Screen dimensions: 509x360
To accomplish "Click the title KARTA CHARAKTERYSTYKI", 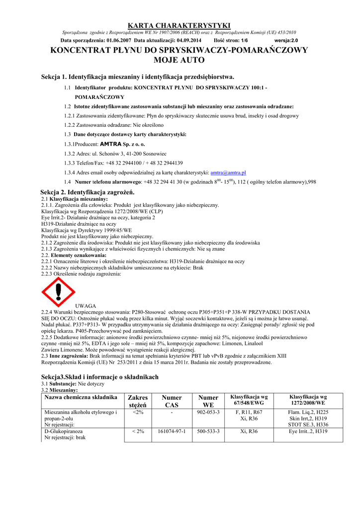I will [x=180, y=25].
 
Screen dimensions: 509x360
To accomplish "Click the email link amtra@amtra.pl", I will [x=228, y=172].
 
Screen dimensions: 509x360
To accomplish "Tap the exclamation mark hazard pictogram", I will [x=58, y=292].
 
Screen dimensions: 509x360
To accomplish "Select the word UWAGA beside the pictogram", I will [x=85, y=305].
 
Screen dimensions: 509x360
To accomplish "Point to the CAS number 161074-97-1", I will [x=171, y=431].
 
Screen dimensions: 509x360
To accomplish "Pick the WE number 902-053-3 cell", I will [x=208, y=412].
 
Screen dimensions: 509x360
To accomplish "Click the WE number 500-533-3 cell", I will [x=208, y=431].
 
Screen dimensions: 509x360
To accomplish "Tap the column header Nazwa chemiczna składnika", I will [x=81, y=398].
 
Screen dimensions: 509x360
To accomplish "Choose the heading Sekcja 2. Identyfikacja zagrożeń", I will [x=88, y=192].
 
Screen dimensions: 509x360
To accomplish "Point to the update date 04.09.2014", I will [x=189, y=40].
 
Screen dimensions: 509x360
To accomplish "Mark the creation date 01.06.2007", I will [x=119, y=40].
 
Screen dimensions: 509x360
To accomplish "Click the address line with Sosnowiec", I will [x=115, y=154].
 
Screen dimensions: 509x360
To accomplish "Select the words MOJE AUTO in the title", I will [x=180, y=60].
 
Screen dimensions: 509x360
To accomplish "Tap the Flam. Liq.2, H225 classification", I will [x=308, y=412].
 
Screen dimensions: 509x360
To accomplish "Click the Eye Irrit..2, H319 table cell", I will [x=308, y=431].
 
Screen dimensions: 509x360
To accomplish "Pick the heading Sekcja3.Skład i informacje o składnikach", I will [x=99, y=377].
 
